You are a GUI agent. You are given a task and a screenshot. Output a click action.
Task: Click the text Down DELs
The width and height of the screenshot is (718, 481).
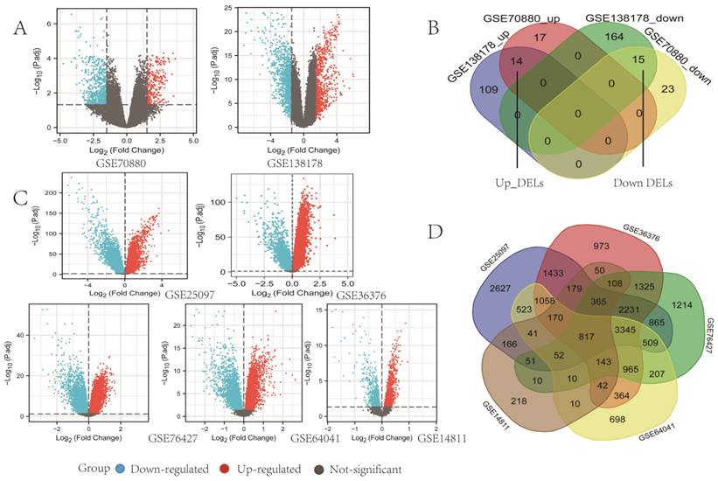point(645,185)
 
